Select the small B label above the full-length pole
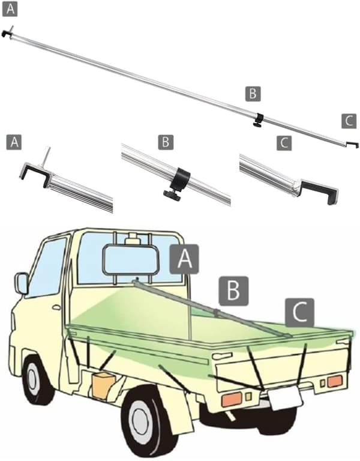(x=253, y=94)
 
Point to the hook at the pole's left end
(x=8, y=34)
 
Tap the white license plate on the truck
(x=284, y=397)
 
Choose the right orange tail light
(x=334, y=381)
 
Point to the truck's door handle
(x=56, y=307)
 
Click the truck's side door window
(x=47, y=267)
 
